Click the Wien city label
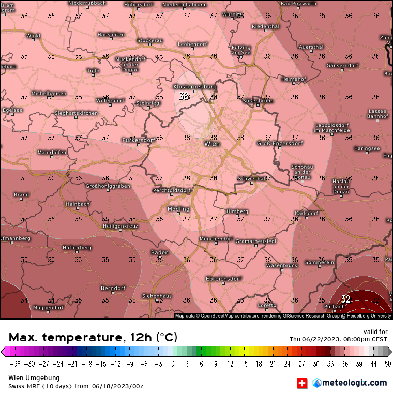pyautogui.click(x=212, y=144)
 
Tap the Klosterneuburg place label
pyautogui.click(x=194, y=86)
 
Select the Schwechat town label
pyautogui.click(x=251, y=178)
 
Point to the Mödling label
pyautogui.click(x=178, y=209)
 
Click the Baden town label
pyautogui.click(x=159, y=252)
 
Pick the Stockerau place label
pyautogui.click(x=150, y=40)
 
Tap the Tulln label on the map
pyautogui.click(x=93, y=70)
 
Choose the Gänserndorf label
pyautogui.click(x=342, y=66)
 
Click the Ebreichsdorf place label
pyautogui.click(x=224, y=278)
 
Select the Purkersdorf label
pyautogui.click(x=138, y=140)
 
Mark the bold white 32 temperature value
pyautogui.click(x=345, y=299)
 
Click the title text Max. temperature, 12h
pyautogui.click(x=93, y=338)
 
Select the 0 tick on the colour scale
pyautogui.click(x=173, y=363)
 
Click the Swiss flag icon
pyautogui.click(x=301, y=383)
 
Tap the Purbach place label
pyautogui.click(x=334, y=306)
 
